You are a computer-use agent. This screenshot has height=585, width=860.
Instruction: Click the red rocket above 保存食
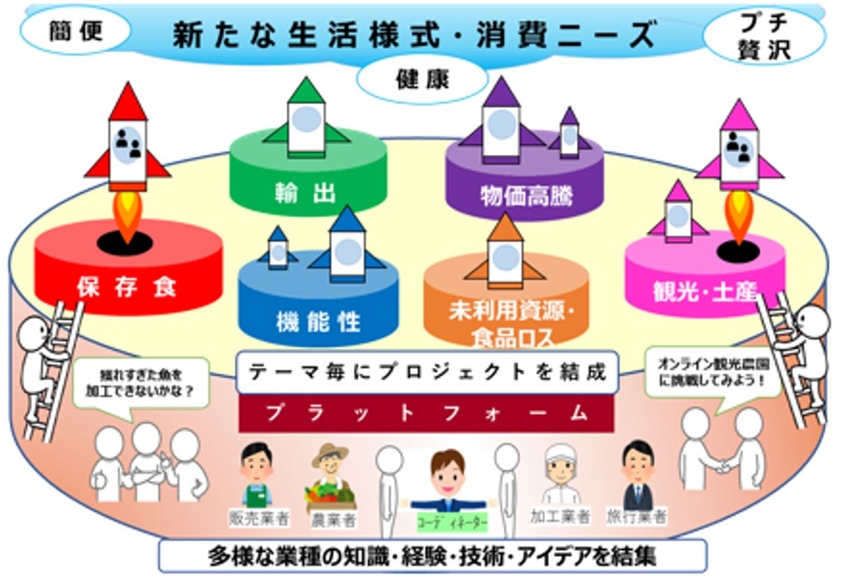point(128,143)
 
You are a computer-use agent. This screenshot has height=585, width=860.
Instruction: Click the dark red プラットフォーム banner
point(426,413)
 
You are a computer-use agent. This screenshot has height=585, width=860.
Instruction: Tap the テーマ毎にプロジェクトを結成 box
point(427,372)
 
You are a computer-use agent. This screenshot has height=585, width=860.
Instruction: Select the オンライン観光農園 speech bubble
point(711,373)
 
